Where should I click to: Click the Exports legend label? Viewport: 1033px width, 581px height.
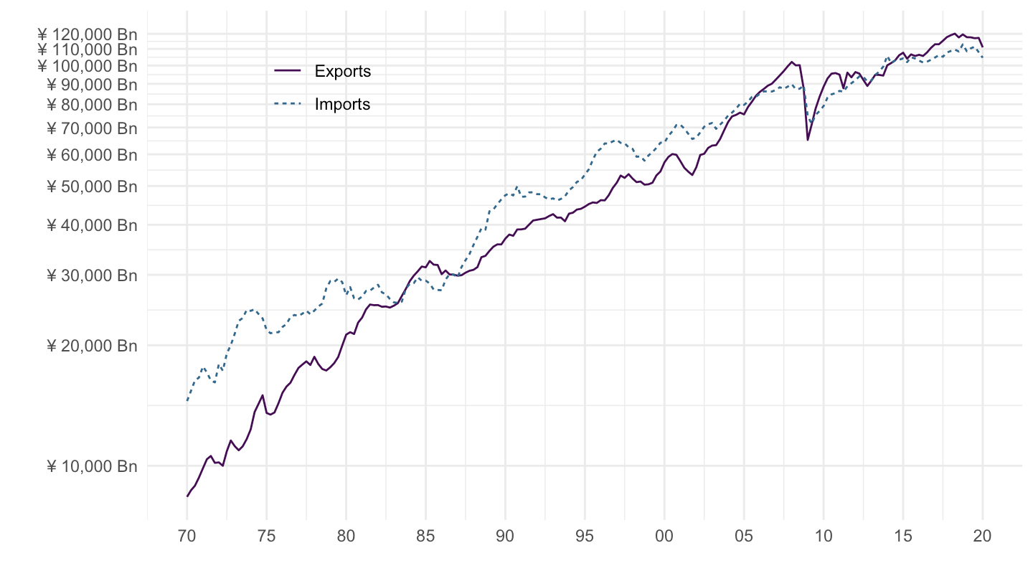coord(342,71)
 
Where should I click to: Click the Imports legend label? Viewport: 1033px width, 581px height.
coord(342,104)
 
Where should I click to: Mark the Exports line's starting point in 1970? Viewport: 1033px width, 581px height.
coord(187,496)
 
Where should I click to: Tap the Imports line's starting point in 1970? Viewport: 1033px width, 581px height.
coord(187,400)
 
